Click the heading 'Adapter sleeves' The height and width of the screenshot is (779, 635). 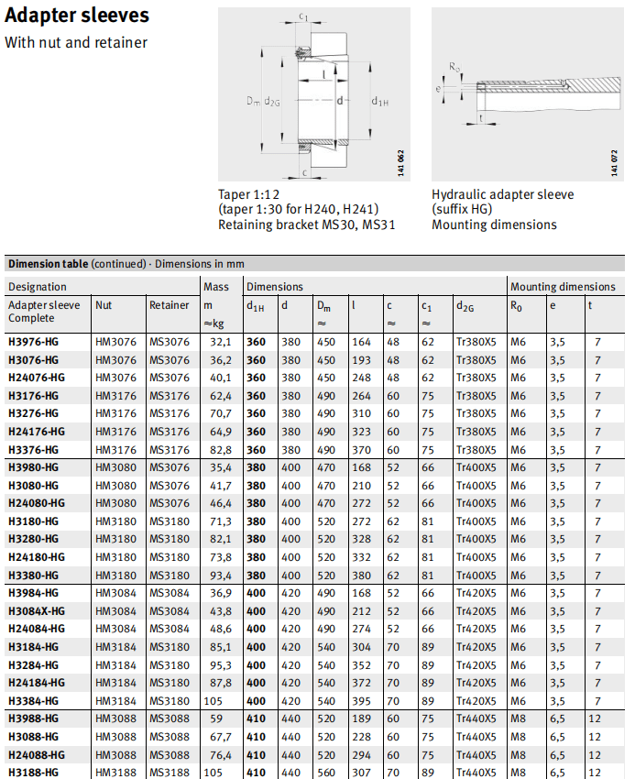77,17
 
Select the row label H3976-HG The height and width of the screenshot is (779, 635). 33,342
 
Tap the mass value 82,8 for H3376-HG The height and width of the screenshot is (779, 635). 221,450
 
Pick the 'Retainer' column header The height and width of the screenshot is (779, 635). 170,305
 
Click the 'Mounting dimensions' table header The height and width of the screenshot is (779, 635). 563,287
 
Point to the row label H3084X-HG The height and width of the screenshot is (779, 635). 37,611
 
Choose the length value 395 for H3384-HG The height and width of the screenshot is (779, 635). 361,701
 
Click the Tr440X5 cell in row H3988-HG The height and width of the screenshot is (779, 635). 476,719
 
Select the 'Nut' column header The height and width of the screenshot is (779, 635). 104,305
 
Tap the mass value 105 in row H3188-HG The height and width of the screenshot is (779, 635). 214,773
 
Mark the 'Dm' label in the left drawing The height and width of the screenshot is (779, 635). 253,100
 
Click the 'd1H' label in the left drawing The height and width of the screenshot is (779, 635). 378,100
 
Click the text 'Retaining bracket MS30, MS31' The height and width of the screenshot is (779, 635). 306,225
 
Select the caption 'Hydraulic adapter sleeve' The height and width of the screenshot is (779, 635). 503,194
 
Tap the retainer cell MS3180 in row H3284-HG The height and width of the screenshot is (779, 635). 170,665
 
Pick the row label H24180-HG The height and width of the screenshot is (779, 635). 37,557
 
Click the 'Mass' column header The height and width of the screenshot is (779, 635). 216,287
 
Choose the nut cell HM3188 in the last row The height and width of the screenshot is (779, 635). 115,773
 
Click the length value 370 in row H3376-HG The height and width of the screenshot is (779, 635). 361,450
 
